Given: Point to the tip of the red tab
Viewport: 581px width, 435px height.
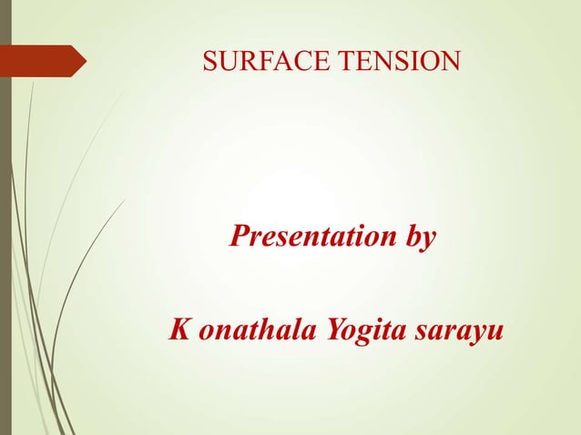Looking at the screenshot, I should coord(85,61).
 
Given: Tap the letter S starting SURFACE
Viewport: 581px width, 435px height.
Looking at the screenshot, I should coord(209,62).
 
